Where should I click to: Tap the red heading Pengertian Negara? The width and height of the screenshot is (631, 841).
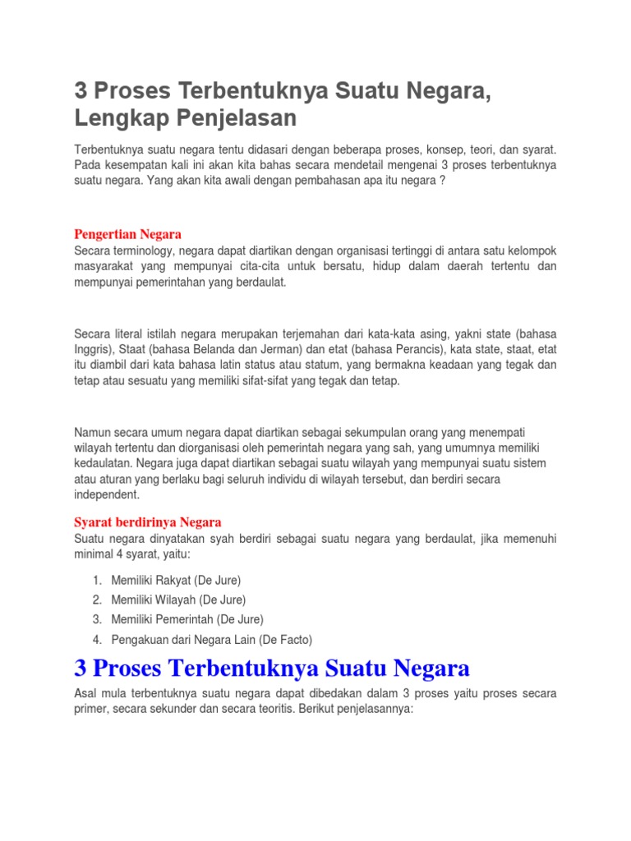[127, 234]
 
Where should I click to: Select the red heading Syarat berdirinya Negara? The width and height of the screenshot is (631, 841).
[148, 522]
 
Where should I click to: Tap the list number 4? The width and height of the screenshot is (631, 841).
[96, 639]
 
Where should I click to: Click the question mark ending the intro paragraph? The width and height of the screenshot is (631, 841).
[443, 182]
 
